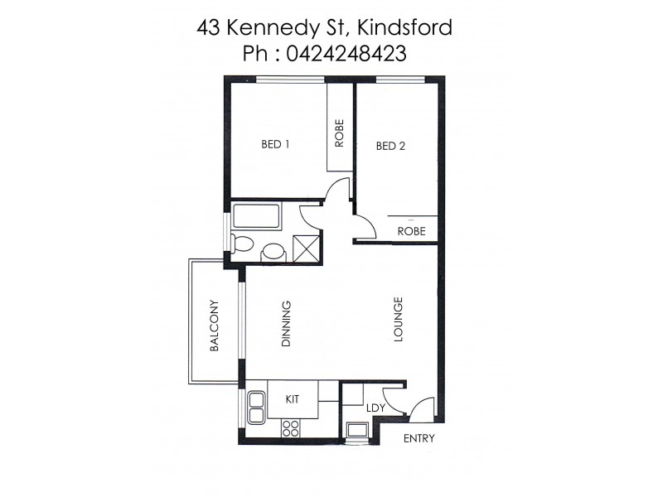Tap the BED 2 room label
tap(390, 147)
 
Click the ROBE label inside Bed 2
tap(411, 232)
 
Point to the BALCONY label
tap(214, 326)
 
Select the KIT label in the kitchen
tap(292, 399)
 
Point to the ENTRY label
tap(418, 439)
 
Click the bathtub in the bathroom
tap(259, 218)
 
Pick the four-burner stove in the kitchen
tap(291, 427)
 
